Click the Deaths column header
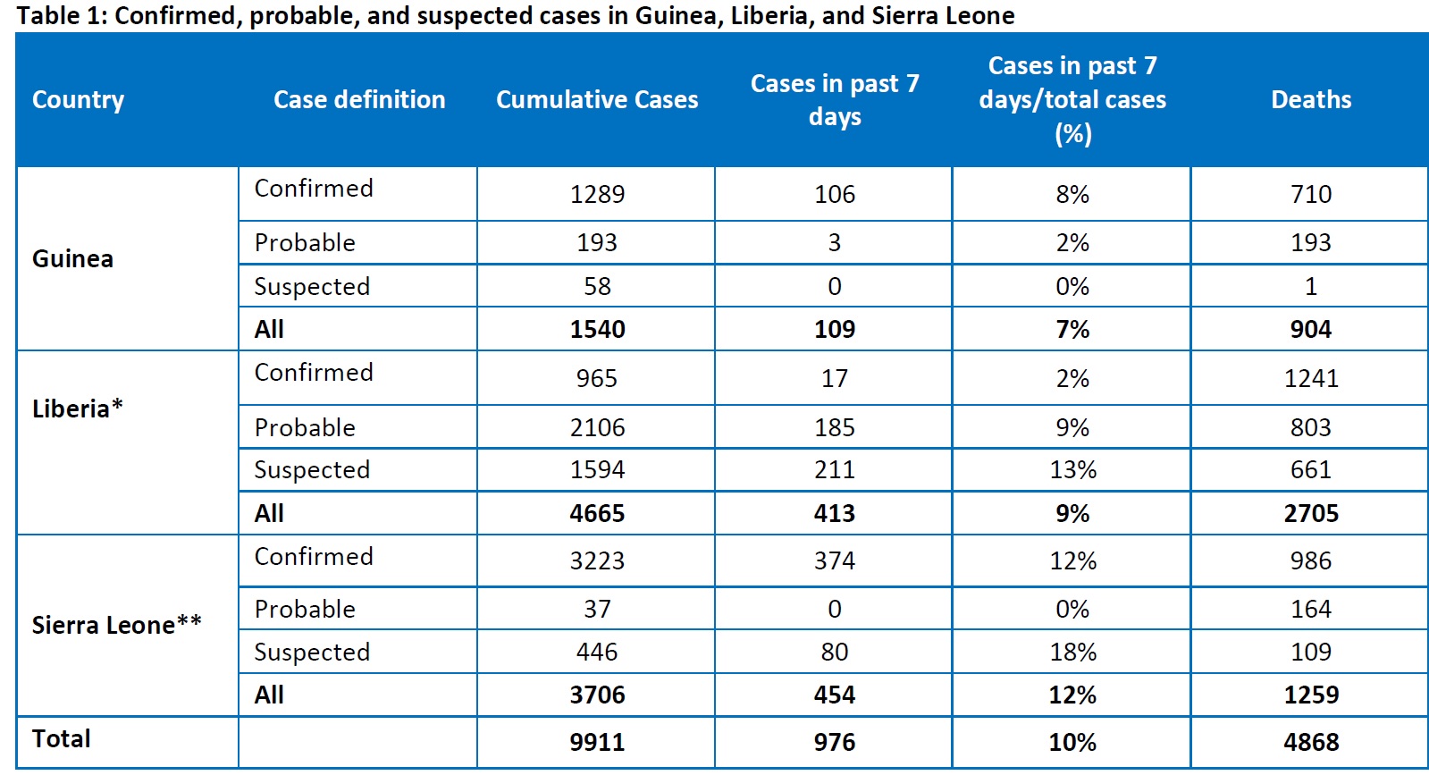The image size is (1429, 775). (1310, 99)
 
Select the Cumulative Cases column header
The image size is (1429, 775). (597, 99)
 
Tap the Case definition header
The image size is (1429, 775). (359, 99)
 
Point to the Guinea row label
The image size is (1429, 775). (72, 259)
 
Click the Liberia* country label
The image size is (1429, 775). (78, 409)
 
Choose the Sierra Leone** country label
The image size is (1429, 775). (116, 625)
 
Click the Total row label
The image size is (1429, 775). (62, 739)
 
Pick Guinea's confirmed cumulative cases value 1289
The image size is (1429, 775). (597, 194)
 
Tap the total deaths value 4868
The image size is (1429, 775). (1310, 742)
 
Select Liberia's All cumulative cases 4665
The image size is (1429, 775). (597, 513)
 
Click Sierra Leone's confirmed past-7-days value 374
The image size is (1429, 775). (835, 560)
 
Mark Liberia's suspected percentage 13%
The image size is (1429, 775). (1072, 469)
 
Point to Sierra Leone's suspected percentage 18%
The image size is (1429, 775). (1072, 652)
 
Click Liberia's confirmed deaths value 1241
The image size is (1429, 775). (1310, 378)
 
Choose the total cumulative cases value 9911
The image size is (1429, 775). (597, 742)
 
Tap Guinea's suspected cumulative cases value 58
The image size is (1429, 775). (597, 286)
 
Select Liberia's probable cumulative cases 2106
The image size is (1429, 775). (597, 427)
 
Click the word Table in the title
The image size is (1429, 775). (43, 16)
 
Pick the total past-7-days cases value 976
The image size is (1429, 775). (835, 742)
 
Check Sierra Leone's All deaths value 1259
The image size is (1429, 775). (1310, 695)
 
